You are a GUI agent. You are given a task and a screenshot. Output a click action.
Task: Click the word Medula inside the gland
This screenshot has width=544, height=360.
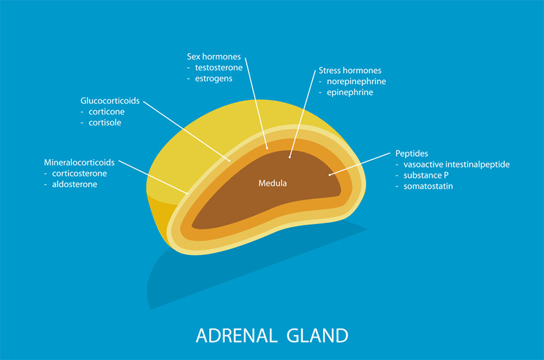click(x=273, y=183)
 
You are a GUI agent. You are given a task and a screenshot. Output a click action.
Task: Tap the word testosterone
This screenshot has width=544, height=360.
click(x=219, y=68)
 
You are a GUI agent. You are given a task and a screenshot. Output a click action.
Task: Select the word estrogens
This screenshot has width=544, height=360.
click(x=214, y=79)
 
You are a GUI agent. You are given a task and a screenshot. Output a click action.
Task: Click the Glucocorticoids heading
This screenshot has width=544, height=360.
click(x=110, y=101)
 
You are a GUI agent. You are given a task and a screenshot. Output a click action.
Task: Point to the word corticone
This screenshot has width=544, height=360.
click(x=106, y=112)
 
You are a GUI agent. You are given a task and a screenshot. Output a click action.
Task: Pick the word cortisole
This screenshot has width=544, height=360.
click(x=105, y=123)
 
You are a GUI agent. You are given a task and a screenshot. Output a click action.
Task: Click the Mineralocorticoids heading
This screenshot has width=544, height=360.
click(x=79, y=162)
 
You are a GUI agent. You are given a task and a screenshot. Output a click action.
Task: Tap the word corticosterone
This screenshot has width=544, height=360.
click(x=79, y=173)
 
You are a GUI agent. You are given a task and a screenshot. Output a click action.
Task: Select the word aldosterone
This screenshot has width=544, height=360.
click(x=74, y=184)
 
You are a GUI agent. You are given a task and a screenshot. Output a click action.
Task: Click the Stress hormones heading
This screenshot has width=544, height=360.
click(x=350, y=71)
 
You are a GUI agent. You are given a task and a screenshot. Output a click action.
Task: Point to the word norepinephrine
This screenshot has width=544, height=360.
click(x=356, y=82)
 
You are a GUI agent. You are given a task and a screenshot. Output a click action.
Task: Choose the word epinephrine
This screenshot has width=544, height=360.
click(x=350, y=92)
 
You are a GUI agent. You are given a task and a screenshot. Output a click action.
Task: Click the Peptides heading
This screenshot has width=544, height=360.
click(x=412, y=153)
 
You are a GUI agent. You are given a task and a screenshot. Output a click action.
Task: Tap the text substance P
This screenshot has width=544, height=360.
click(x=426, y=176)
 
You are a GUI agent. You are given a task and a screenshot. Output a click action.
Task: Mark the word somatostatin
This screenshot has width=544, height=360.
click(x=428, y=186)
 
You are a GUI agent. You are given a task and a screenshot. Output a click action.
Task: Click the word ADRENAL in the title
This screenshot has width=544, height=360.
click(x=236, y=336)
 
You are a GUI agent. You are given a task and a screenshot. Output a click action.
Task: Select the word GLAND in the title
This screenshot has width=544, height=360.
click(x=317, y=336)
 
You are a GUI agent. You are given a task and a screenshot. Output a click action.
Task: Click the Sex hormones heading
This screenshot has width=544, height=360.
click(x=214, y=57)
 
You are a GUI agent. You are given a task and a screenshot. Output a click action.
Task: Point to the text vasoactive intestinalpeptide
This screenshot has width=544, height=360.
click(x=456, y=164)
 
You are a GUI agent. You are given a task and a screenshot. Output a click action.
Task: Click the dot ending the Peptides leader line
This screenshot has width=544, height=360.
click(x=329, y=175)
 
